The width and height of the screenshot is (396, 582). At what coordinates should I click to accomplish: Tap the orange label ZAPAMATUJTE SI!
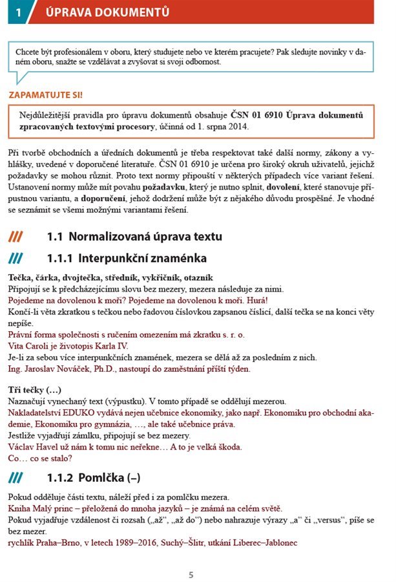45,95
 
